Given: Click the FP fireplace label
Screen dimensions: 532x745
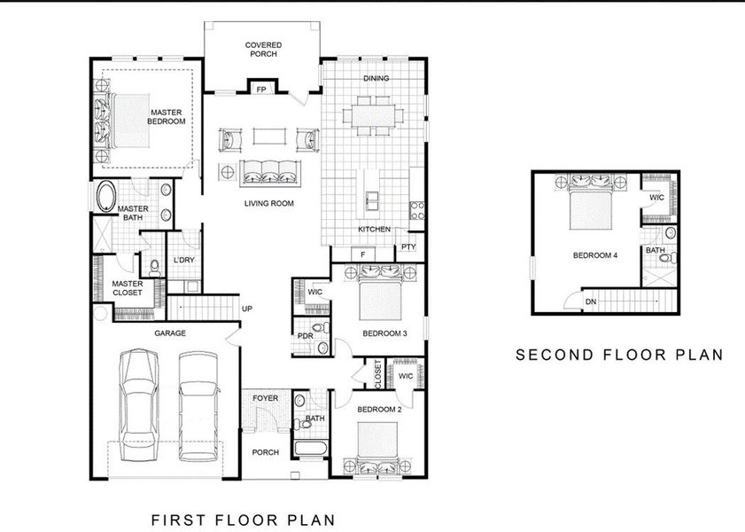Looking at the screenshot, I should [x=261, y=90].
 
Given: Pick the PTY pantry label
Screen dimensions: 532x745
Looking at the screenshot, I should [x=408, y=247].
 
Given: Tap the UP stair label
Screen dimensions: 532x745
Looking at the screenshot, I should [x=249, y=309].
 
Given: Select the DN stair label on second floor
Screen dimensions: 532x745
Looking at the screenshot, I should [x=590, y=302].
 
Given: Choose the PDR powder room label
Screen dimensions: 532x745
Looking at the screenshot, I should [x=306, y=336].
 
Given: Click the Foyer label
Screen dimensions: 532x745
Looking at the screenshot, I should [x=265, y=398].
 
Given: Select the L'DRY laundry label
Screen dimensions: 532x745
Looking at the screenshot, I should [x=183, y=260].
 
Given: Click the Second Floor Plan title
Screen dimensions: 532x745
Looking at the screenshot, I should [x=619, y=355].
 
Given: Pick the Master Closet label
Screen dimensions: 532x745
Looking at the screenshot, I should [x=127, y=289].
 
